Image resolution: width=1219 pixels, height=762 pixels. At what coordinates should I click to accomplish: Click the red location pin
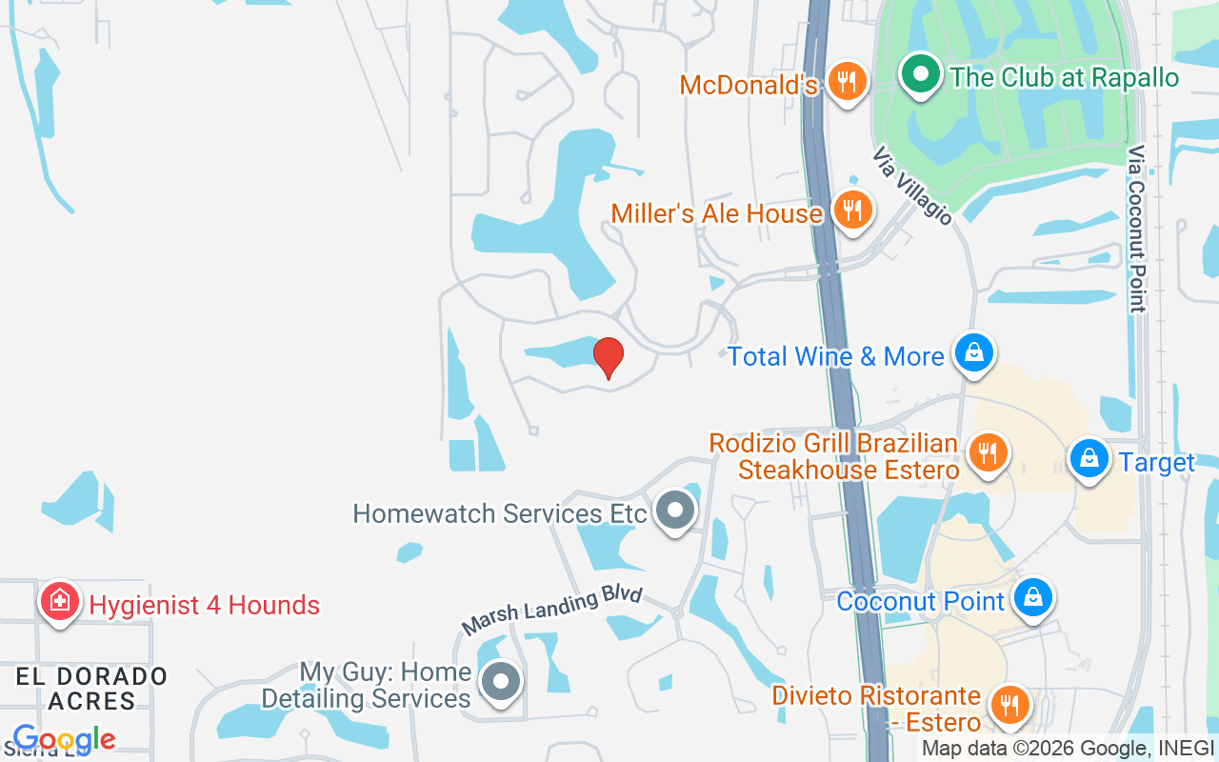(x=609, y=358)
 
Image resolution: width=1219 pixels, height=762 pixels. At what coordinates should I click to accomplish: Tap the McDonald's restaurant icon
(x=845, y=81)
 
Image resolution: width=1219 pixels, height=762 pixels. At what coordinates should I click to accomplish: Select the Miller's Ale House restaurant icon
(x=851, y=210)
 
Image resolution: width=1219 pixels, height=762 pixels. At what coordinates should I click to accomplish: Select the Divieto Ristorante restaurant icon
(x=1009, y=706)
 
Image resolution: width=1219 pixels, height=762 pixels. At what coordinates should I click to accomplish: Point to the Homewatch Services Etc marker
(x=675, y=511)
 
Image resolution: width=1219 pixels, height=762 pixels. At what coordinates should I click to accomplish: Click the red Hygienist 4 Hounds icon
(x=60, y=602)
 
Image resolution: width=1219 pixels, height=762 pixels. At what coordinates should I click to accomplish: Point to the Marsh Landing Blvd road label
(x=552, y=611)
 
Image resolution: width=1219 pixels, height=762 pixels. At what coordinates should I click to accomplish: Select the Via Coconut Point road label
(x=1136, y=229)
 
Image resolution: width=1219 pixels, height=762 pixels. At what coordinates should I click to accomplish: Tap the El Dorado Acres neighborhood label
(x=92, y=689)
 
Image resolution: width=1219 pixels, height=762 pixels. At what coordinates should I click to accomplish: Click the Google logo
(x=64, y=739)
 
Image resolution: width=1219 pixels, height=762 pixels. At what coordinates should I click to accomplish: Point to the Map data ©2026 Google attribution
(x=1037, y=749)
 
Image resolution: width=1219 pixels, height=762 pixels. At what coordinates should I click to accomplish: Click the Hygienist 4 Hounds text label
(x=205, y=605)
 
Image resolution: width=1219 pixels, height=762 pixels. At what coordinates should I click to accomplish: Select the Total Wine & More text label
(x=836, y=356)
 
